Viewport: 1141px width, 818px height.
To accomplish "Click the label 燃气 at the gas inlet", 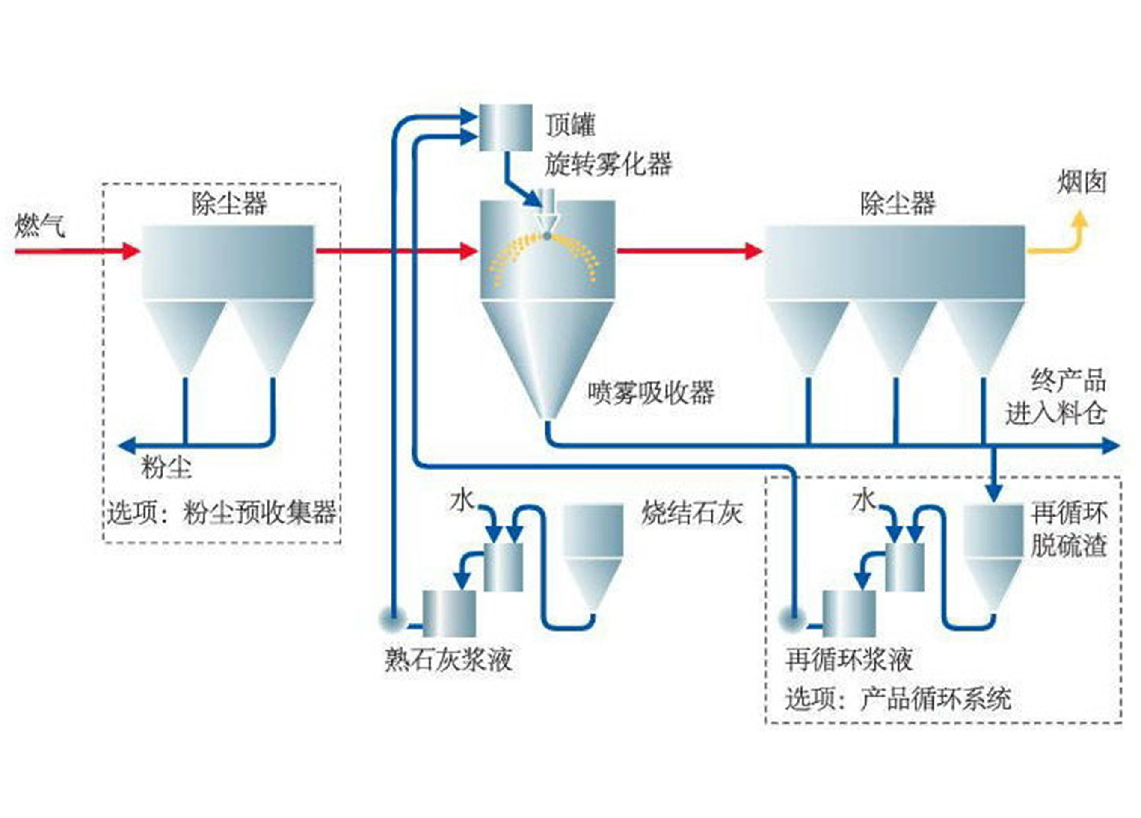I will [x=40, y=226].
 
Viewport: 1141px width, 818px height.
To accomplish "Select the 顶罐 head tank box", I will [x=505, y=127].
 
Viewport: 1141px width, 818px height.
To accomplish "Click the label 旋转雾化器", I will [x=608, y=164].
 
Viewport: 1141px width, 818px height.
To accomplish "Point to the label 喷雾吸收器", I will [x=652, y=393].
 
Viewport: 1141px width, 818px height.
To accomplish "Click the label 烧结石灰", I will [x=692, y=513].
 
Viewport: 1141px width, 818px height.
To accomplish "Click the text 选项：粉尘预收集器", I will [x=221, y=512].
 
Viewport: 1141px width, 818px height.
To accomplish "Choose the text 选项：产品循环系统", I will [x=898, y=698].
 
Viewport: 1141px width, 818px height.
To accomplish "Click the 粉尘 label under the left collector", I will [x=166, y=467].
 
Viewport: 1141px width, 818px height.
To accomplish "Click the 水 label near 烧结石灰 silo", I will [x=462, y=501].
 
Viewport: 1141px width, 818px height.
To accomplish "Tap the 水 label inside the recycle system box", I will [x=864, y=501].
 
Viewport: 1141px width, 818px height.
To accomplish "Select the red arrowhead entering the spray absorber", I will [x=469, y=251].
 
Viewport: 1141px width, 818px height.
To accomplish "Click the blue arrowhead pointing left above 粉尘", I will [x=127, y=445].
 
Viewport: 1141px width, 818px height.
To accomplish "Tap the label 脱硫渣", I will [x=1069, y=546].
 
